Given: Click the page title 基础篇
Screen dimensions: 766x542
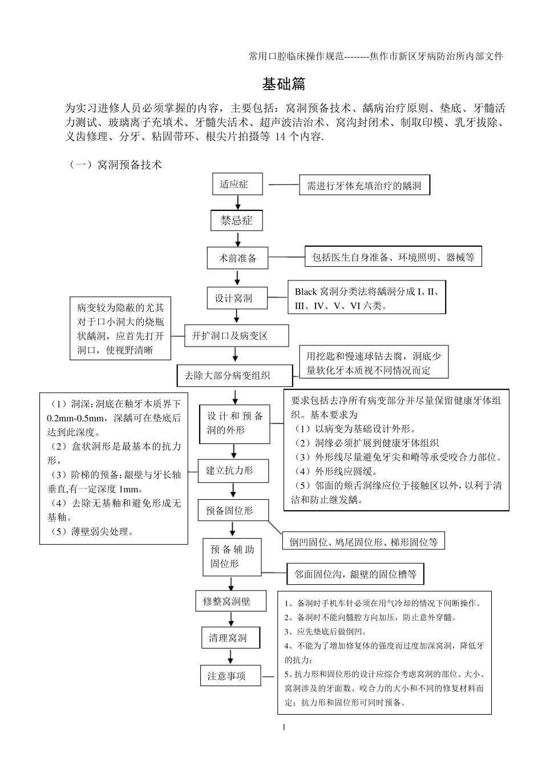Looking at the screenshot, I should [284, 84].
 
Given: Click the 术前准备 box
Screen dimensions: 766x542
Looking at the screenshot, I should [237, 258].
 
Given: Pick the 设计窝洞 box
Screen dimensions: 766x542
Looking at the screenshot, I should [237, 298].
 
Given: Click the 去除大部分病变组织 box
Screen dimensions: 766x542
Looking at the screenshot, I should [234, 376].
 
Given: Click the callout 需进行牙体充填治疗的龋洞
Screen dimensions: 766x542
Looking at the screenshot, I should [364, 185].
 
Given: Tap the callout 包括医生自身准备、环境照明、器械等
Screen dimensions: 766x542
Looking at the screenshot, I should [393, 258].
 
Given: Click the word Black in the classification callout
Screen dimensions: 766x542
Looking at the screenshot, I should [306, 292].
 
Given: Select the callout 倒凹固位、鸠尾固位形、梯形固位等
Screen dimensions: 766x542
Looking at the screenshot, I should [363, 543].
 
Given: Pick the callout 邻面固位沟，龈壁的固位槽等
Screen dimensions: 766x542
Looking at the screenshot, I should [355, 574].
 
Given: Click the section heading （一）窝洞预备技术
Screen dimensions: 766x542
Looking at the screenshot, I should [116, 165].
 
